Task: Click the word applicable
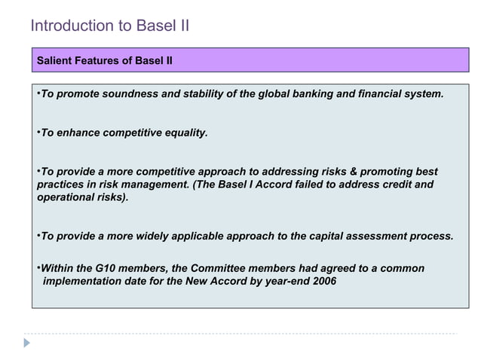point(200,236)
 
